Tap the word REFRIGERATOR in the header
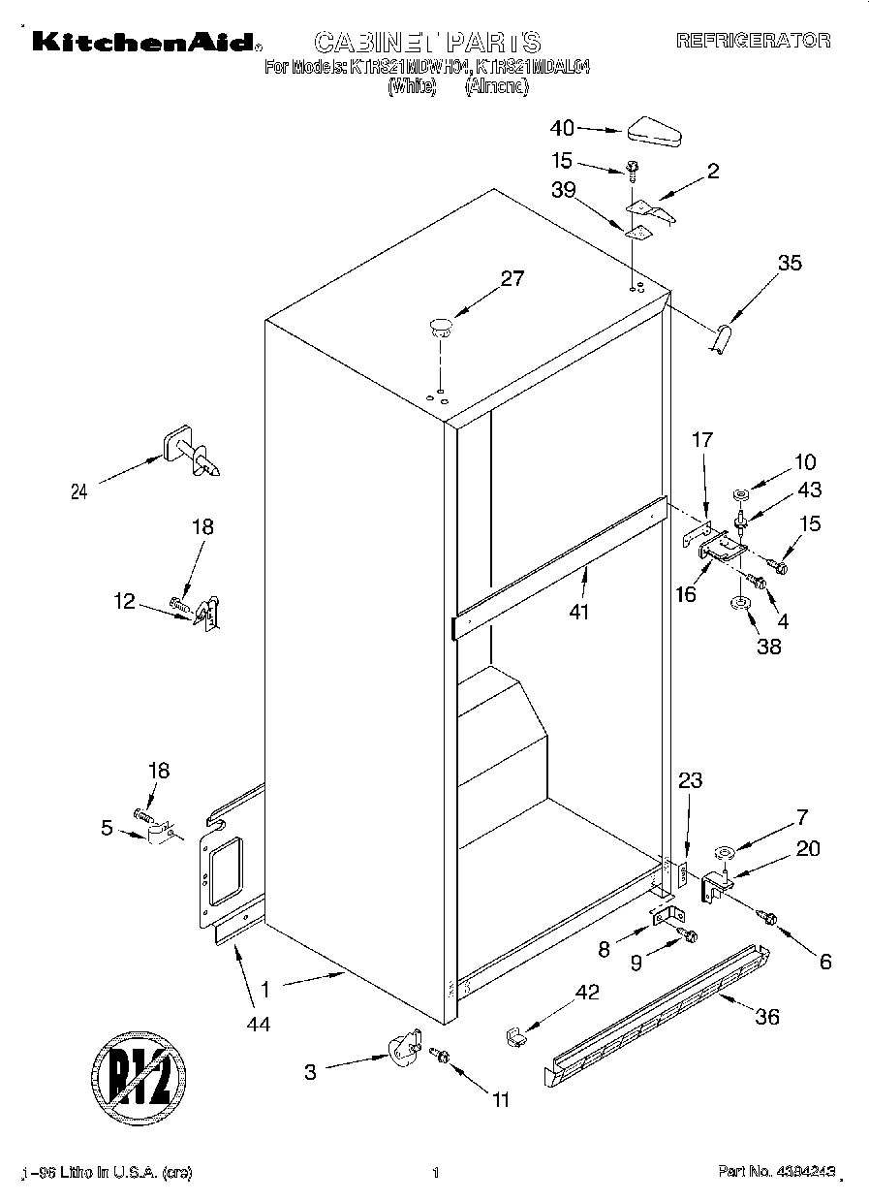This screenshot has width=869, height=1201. point(753,41)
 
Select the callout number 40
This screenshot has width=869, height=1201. point(562,128)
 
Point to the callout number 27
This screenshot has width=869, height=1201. point(511,279)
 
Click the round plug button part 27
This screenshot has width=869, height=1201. point(441,326)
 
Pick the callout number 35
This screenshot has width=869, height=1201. point(790,262)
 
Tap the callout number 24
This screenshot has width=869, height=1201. point(78,491)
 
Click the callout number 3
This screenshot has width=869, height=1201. point(310,1071)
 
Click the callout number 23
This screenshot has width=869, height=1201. point(690,780)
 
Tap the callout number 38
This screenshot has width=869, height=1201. point(768,648)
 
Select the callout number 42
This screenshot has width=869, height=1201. point(587,992)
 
